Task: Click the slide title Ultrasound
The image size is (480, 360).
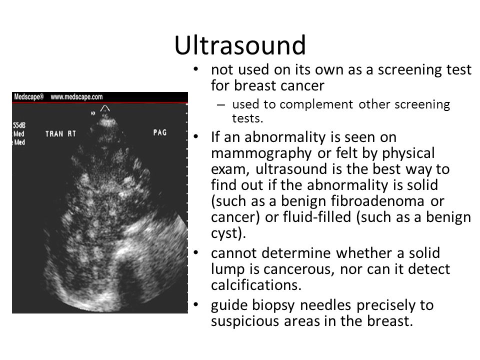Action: (x=240, y=45)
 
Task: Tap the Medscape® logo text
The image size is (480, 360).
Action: (x=29, y=96)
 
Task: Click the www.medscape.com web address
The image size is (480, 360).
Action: (x=76, y=97)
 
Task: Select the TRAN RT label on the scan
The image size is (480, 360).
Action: (x=60, y=134)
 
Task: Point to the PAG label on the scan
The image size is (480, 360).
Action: (x=160, y=132)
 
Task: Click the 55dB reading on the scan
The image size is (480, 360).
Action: (x=19, y=125)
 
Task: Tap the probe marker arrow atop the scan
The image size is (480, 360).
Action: (x=105, y=108)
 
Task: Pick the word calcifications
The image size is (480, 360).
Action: (x=256, y=285)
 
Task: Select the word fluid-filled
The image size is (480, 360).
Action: (x=317, y=217)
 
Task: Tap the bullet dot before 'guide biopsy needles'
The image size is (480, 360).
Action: (x=196, y=305)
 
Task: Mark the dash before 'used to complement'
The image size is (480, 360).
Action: (x=220, y=104)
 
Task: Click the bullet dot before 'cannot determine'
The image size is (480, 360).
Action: (x=196, y=253)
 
